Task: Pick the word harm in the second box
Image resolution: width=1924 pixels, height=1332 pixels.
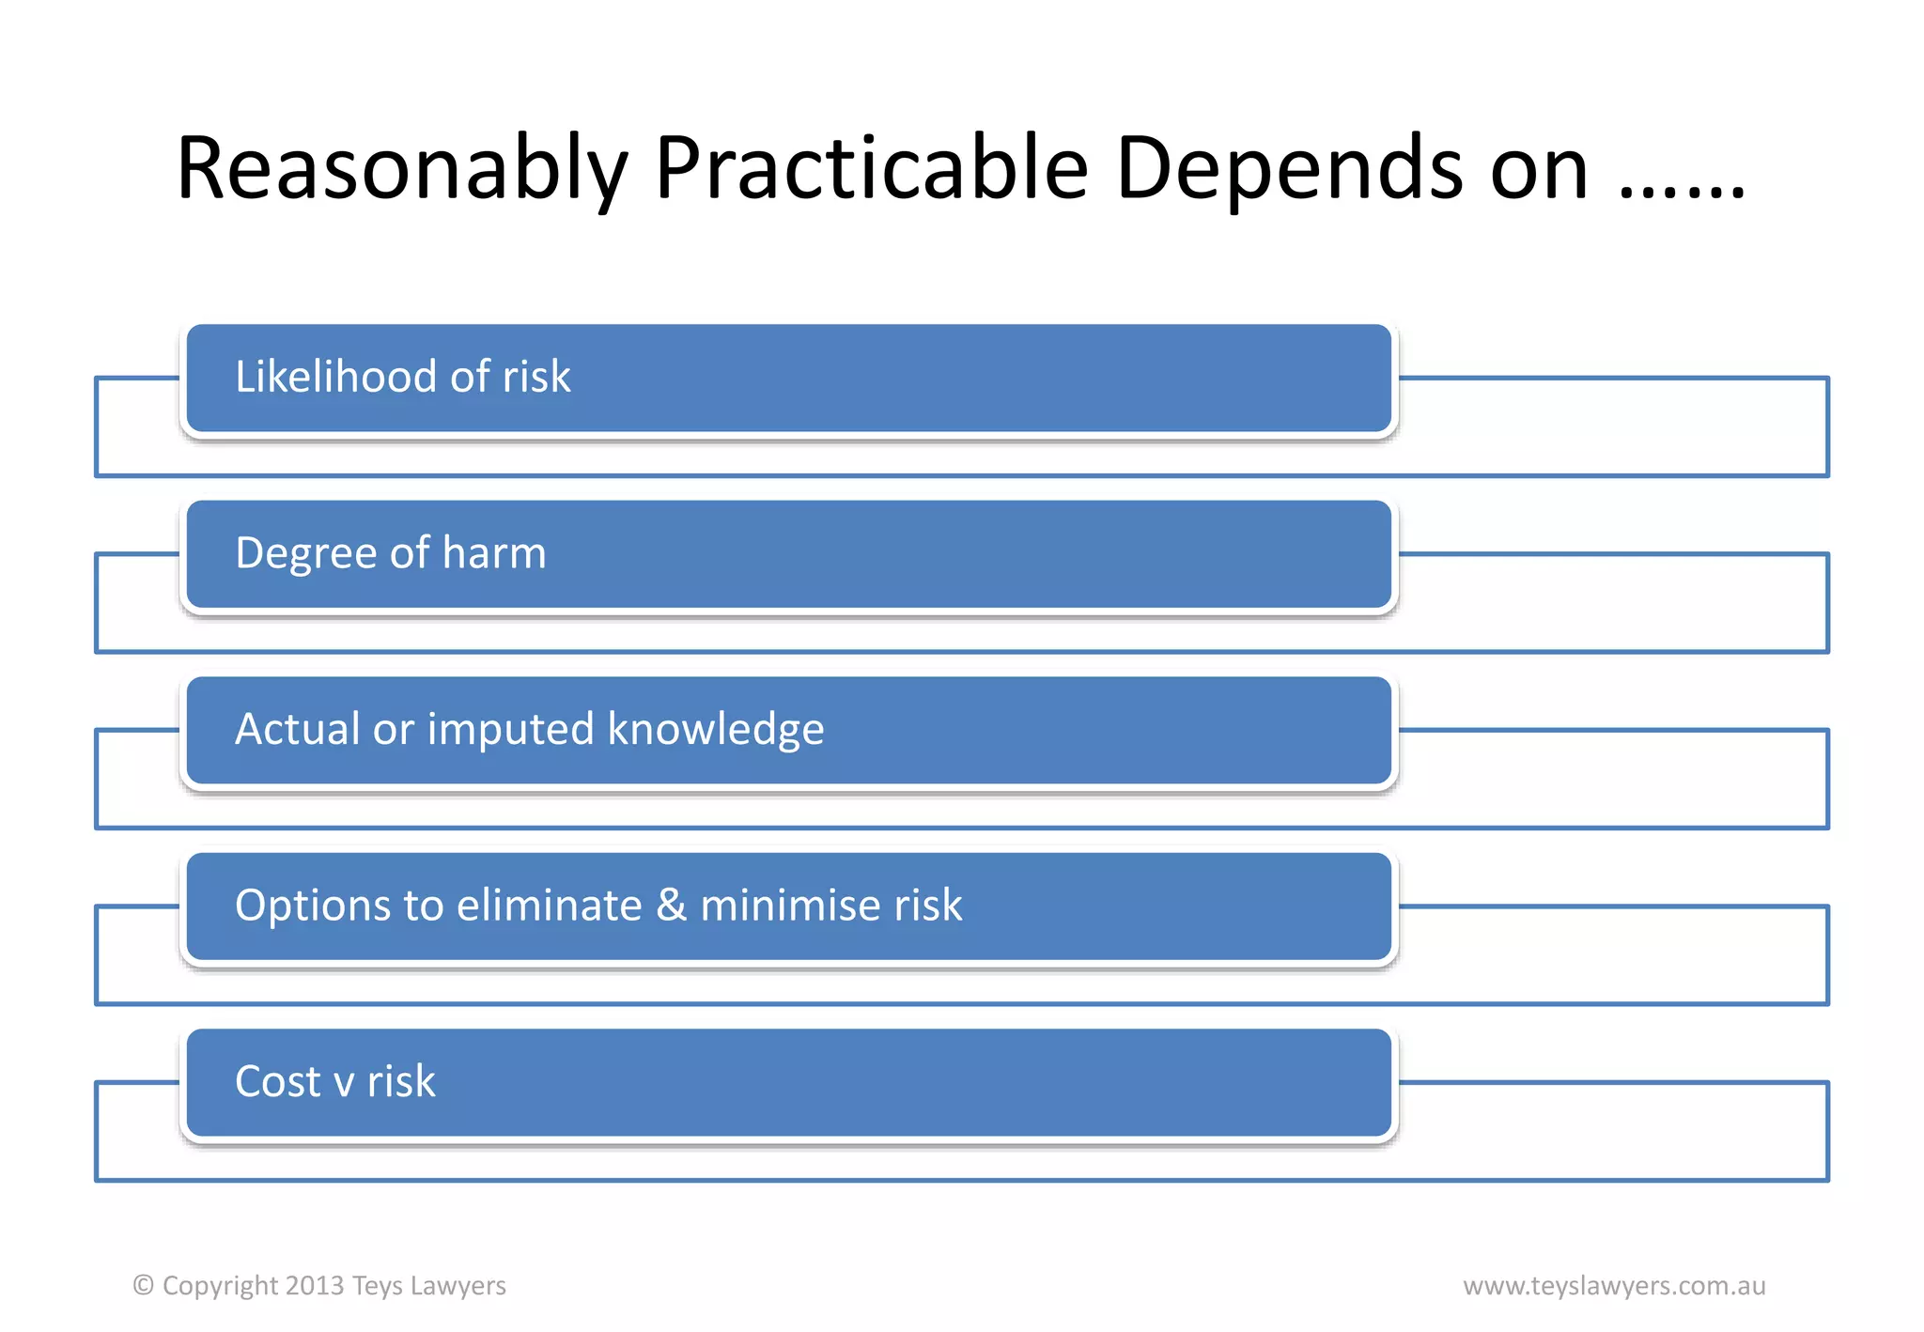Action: coord(494,553)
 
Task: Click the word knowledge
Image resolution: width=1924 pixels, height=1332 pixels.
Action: coord(716,730)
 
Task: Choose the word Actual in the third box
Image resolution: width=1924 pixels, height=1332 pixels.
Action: coord(297,729)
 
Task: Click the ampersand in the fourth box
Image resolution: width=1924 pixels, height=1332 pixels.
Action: coord(671,906)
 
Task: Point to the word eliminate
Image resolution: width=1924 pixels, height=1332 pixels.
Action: coord(549,906)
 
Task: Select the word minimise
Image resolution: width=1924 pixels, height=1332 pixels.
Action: coord(790,906)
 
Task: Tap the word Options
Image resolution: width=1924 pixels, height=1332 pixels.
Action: coord(313,906)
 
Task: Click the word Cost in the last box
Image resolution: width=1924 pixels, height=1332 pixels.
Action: coord(278,1081)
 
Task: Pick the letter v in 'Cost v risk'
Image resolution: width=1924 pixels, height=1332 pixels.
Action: coord(344,1084)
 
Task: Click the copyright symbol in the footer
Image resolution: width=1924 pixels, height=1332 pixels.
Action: coord(143,1285)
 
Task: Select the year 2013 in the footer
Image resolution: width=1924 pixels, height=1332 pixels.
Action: coord(315,1285)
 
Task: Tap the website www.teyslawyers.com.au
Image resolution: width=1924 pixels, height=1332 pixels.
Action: coord(1614,1285)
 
